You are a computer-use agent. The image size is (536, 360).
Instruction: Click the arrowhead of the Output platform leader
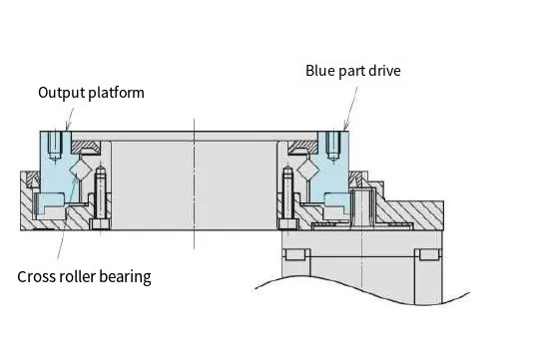coord(67,129)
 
